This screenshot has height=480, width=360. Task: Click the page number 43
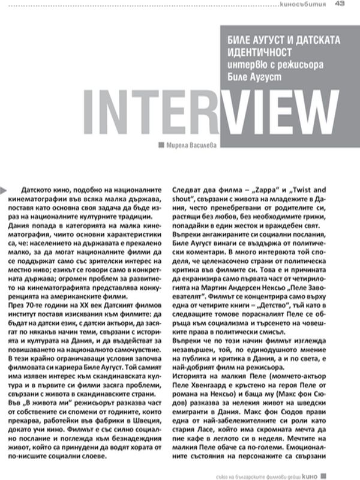click(339, 5)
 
